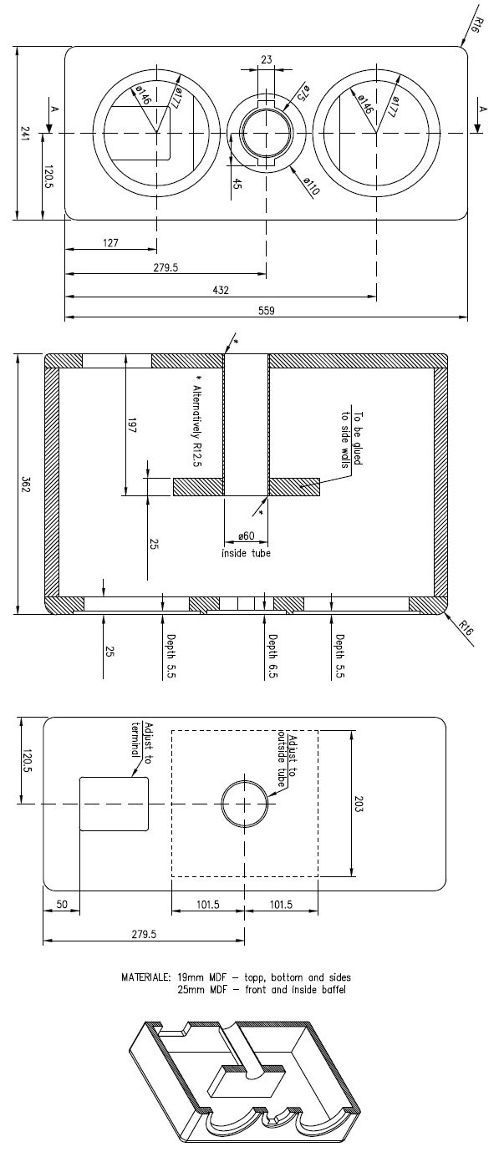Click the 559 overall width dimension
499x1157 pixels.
267,311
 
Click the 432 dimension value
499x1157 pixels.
221,290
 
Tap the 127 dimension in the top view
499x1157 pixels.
110,243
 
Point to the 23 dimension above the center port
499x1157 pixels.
266,60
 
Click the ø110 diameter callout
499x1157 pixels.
312,186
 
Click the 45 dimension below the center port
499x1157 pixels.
237,183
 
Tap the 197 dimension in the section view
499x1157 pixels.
131,425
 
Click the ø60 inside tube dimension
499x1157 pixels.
246,536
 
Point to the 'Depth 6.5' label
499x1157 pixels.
273,656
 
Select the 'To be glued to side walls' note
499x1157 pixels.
352,439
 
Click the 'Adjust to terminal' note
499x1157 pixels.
142,739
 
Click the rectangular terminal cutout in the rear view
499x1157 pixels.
114,804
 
